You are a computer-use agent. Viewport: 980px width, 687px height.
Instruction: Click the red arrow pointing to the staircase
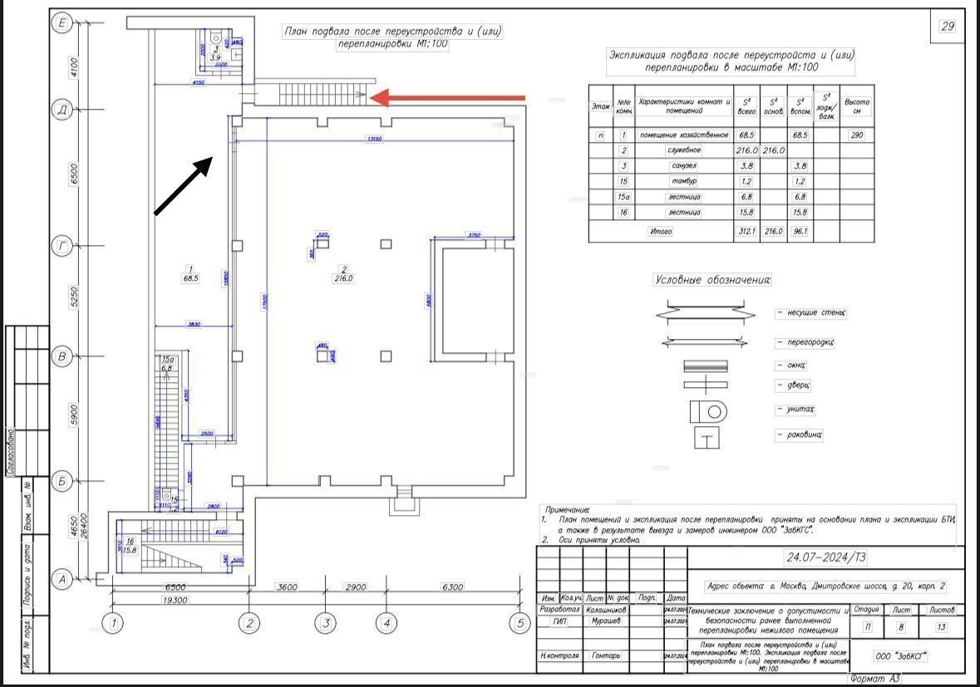[449, 98]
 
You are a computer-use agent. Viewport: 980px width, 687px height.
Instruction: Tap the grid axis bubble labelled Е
[61, 23]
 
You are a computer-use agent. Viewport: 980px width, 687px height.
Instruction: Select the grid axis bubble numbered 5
[520, 622]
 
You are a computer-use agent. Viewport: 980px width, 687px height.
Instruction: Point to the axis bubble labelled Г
[61, 245]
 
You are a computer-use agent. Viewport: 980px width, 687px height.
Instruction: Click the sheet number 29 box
[947, 27]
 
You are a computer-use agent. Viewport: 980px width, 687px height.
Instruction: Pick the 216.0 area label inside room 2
[342, 279]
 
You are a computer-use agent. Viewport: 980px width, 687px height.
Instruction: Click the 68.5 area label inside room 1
[191, 279]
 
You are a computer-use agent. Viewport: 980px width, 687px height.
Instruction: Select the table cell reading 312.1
[746, 232]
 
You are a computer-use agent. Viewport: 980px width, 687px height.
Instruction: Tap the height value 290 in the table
[857, 135]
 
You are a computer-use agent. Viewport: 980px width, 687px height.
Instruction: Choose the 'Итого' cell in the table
[660, 232]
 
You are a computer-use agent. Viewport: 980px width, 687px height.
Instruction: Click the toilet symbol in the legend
[707, 410]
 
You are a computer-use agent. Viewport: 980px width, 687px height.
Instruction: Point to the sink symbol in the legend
[707, 436]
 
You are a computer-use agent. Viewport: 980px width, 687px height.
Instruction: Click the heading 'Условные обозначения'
[712, 280]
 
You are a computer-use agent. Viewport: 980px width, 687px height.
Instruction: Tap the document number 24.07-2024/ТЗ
[826, 557]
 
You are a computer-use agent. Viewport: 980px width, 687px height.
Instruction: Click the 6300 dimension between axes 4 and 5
[453, 587]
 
